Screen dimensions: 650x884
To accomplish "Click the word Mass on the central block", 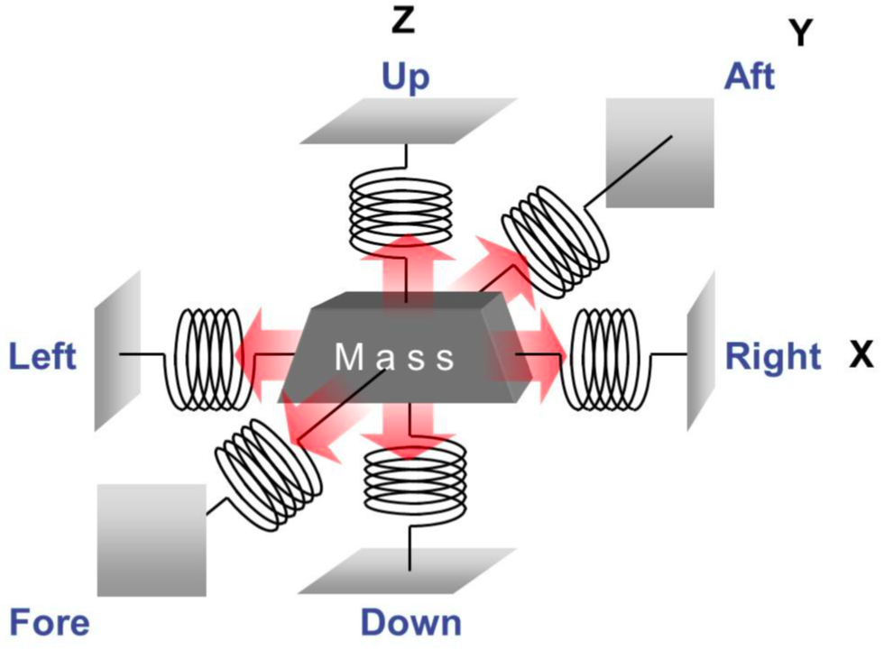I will tap(396, 358).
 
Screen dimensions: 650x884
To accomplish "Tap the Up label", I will tap(405, 78).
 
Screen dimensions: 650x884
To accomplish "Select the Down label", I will tap(410, 623).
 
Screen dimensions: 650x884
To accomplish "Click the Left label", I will tap(42, 357).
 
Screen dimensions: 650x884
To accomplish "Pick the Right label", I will tap(773, 357).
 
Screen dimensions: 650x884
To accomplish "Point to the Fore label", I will tap(50, 623).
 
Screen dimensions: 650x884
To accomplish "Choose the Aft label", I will tap(749, 77).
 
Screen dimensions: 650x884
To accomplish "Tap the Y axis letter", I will tap(800, 33).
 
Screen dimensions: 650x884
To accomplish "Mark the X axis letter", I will tap(861, 356).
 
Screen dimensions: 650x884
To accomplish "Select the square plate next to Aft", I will tap(659, 152).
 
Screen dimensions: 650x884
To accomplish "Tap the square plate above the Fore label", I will tap(152, 539).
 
